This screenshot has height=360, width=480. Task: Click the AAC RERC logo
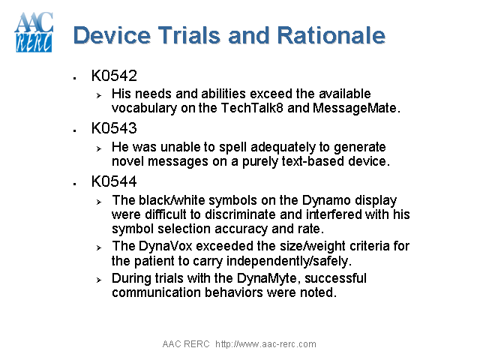(34, 32)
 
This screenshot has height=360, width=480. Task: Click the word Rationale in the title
(331, 35)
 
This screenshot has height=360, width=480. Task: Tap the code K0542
(114, 76)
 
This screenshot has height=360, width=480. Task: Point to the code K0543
(114, 129)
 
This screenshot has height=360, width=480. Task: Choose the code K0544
(114, 182)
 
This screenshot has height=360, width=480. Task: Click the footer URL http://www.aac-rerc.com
(265, 344)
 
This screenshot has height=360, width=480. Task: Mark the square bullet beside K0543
(75, 130)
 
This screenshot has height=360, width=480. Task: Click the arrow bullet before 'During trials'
(98, 280)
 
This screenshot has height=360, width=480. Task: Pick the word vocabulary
(145, 107)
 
